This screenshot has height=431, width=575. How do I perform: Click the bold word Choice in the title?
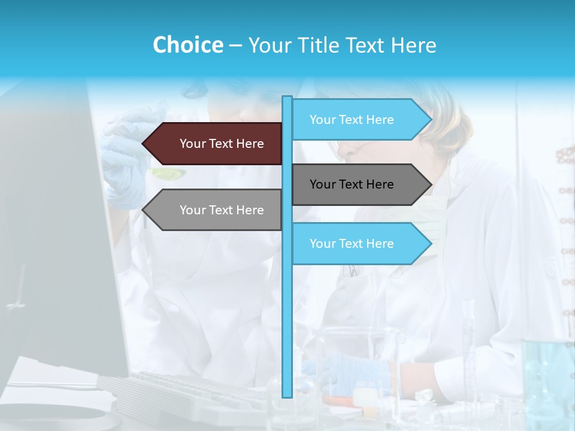187,45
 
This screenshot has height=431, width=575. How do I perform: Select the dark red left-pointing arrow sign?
216,144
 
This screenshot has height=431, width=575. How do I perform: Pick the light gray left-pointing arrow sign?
216,210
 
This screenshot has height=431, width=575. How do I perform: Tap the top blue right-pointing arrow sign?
359,120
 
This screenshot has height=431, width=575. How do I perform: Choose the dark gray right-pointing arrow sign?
359,184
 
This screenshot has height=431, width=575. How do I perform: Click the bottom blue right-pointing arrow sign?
359,244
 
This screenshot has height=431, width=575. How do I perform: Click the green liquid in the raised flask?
168,174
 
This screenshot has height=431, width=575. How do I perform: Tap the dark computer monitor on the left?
54,239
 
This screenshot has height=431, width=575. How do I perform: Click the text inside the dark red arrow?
222,144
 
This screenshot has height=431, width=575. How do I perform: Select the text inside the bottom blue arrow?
352,244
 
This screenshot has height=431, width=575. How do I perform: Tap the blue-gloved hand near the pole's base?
347,371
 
